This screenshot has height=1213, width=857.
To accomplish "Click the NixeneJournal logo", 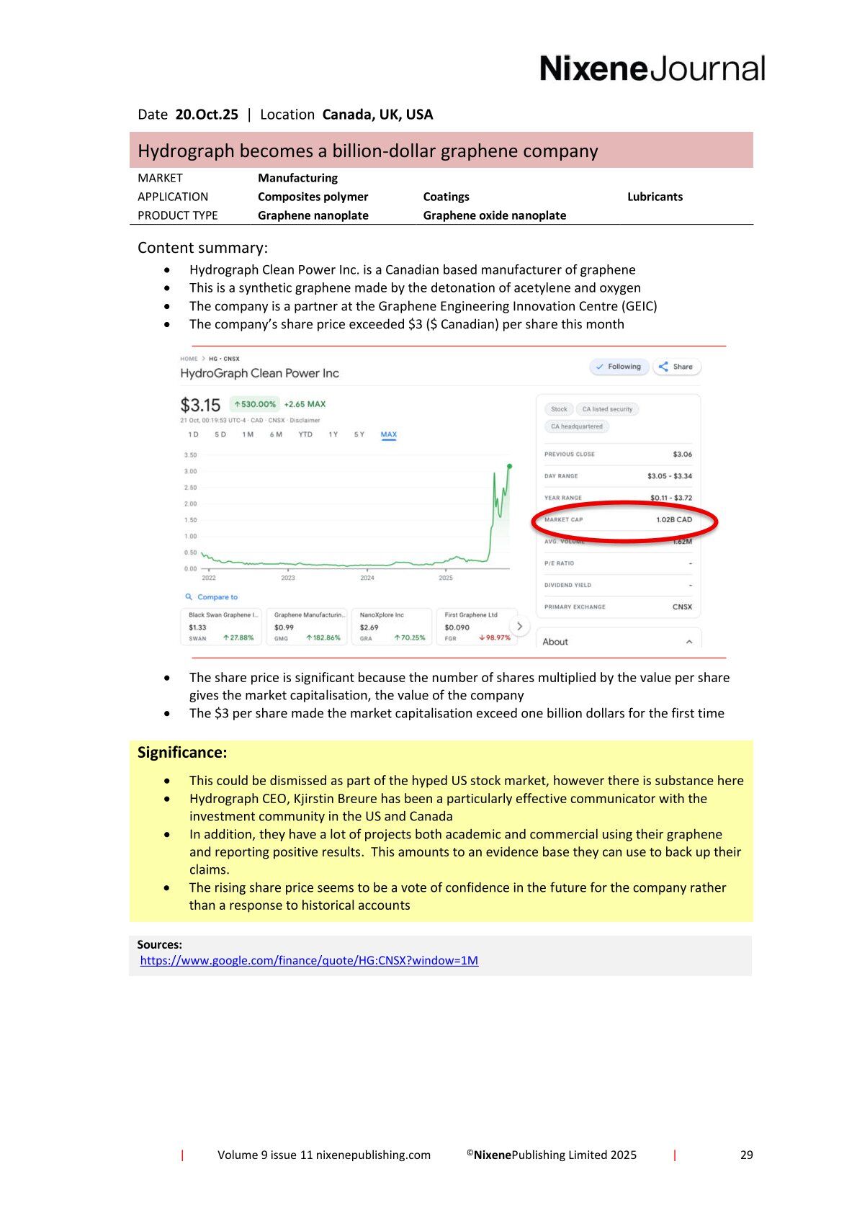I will (652, 69).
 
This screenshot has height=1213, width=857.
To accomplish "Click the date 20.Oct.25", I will (207, 115).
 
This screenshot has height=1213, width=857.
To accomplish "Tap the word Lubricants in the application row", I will (655, 197).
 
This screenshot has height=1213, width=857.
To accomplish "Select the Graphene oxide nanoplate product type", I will (494, 215).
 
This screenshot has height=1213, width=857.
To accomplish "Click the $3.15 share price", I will (200, 405).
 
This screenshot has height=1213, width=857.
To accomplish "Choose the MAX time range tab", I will (388, 434).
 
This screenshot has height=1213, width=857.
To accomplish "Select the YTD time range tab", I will (305, 434).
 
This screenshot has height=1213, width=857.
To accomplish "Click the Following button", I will (619, 367).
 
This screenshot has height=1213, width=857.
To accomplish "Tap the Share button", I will (676, 367).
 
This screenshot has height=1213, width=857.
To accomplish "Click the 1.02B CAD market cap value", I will (673, 519).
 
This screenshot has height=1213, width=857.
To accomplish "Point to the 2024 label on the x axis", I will (367, 578).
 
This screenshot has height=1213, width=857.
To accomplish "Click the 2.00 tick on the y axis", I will (190, 503).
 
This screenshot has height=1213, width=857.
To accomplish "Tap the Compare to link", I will (217, 597).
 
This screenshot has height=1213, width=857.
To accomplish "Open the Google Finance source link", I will (309, 960).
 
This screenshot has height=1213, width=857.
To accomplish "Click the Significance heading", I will (182, 753).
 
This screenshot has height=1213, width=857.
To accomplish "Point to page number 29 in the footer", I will (746, 1155).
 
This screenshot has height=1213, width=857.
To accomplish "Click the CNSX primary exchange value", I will (681, 606).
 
